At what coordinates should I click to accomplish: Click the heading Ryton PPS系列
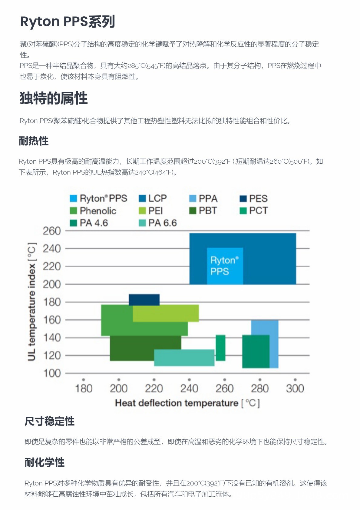[x=68, y=22]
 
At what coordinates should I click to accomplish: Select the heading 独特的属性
[x=54, y=98]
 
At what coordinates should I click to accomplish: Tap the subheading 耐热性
[x=34, y=141]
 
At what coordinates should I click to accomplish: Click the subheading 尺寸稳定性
[x=49, y=421]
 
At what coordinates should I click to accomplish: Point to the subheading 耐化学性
[x=45, y=462]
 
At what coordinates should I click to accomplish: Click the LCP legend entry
[x=153, y=198]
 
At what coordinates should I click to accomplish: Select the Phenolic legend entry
[x=93, y=211]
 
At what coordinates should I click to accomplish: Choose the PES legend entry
[x=254, y=198]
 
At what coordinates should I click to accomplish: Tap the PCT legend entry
[x=254, y=211]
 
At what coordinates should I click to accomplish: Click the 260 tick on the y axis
[x=52, y=231]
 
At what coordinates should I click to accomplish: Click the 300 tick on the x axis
[x=295, y=388]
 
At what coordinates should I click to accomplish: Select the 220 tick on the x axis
[x=154, y=388]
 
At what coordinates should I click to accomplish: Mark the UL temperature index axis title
[x=32, y=302]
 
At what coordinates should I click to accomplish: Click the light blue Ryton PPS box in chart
[x=225, y=266]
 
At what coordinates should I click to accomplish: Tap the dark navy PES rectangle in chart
[x=144, y=300]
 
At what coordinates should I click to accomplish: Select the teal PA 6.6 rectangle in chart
[x=184, y=358]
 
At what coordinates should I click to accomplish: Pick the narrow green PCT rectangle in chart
[x=220, y=348]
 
